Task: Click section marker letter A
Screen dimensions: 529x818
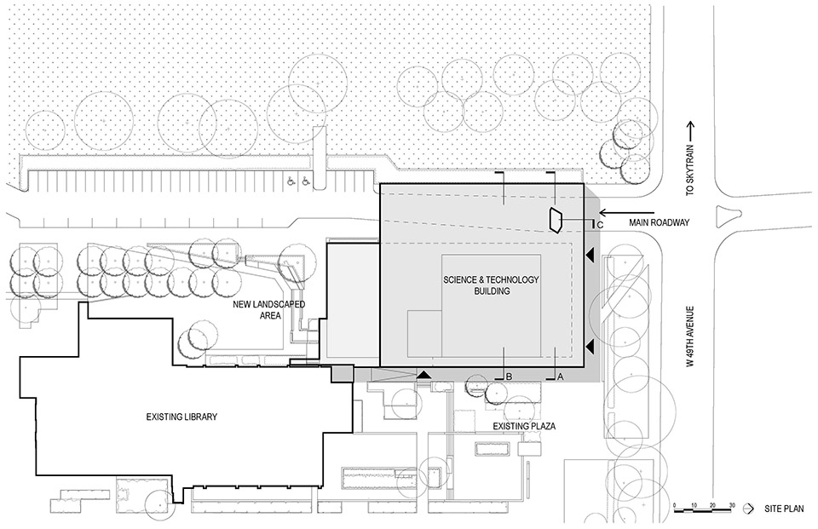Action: (560, 376)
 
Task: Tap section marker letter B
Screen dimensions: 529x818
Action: (509, 376)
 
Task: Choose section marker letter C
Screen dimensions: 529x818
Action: (600, 224)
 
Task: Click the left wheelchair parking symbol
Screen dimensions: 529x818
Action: (290, 181)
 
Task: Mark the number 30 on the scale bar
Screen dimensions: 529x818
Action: (732, 508)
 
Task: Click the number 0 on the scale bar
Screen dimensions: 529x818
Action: (674, 508)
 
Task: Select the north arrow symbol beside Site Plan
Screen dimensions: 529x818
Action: (748, 508)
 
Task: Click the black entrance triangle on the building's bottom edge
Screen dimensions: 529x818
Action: (424, 375)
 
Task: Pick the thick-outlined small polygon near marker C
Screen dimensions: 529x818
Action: (555, 219)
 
